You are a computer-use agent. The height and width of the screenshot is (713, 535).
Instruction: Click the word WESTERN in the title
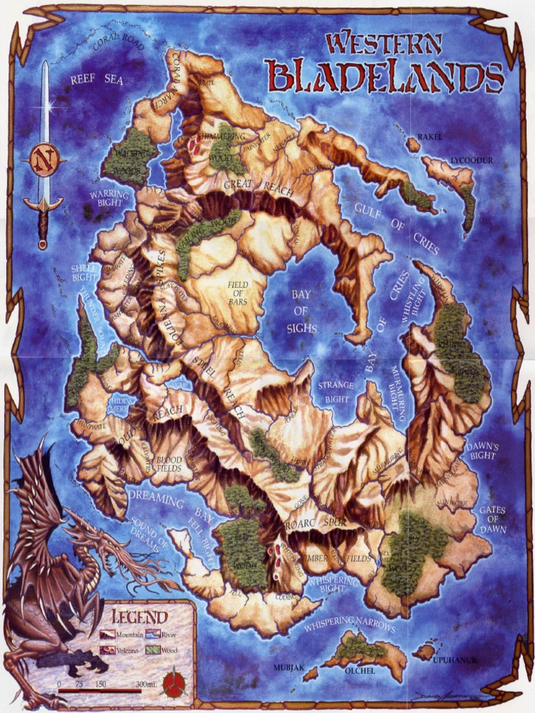(x=384, y=44)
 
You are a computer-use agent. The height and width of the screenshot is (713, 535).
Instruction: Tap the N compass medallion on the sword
(x=43, y=161)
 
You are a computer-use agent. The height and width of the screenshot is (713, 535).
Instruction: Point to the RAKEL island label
(x=430, y=137)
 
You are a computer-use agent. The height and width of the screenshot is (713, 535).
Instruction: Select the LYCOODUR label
(x=471, y=160)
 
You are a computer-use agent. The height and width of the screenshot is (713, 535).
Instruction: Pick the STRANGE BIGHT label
(x=336, y=392)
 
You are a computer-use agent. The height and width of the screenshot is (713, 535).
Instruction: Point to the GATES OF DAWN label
(x=492, y=519)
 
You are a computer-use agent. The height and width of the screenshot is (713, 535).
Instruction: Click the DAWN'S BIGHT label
(x=481, y=450)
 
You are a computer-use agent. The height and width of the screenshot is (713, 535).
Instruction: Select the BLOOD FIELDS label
(x=169, y=464)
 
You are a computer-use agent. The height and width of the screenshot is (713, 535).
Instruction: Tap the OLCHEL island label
(x=360, y=670)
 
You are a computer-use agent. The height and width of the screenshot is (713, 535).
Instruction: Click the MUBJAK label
(x=288, y=668)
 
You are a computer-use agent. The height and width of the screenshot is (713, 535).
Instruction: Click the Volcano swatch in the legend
(x=107, y=650)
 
